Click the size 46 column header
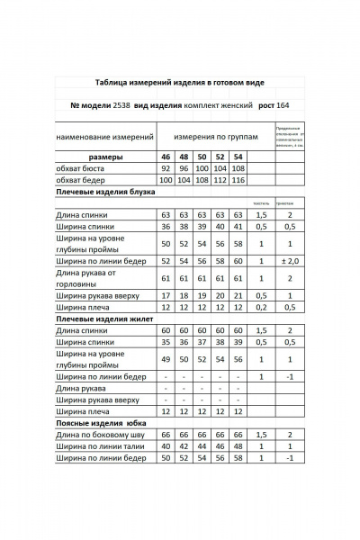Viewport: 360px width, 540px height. [166, 157]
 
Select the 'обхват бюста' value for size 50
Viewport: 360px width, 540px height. [202, 168]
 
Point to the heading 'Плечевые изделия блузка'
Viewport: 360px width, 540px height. [106, 192]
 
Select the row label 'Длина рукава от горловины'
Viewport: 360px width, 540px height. [87, 277]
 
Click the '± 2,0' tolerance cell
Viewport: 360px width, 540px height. [290, 260]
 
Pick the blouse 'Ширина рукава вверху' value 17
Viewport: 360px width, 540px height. [166, 294]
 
